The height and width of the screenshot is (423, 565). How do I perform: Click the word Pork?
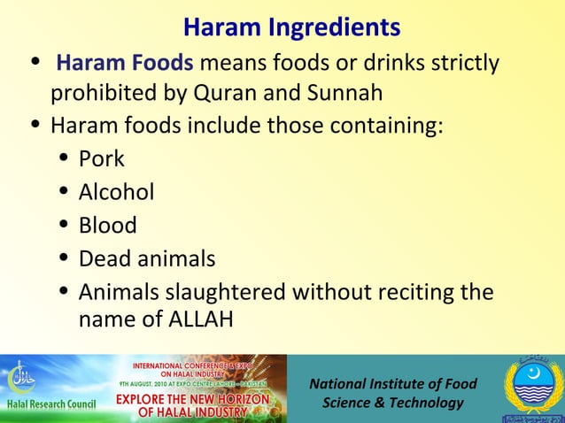[x=102, y=159]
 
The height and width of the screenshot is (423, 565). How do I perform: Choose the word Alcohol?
[x=117, y=192]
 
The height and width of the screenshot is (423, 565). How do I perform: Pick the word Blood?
[x=108, y=226]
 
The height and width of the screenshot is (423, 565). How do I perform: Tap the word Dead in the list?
[x=104, y=259]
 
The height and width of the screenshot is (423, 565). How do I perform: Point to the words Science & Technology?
[x=392, y=403]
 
